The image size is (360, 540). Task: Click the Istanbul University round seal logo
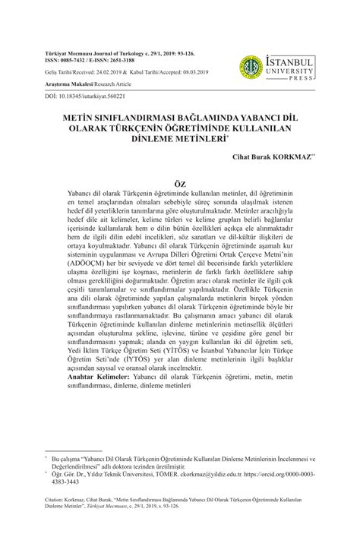click(250, 67)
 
